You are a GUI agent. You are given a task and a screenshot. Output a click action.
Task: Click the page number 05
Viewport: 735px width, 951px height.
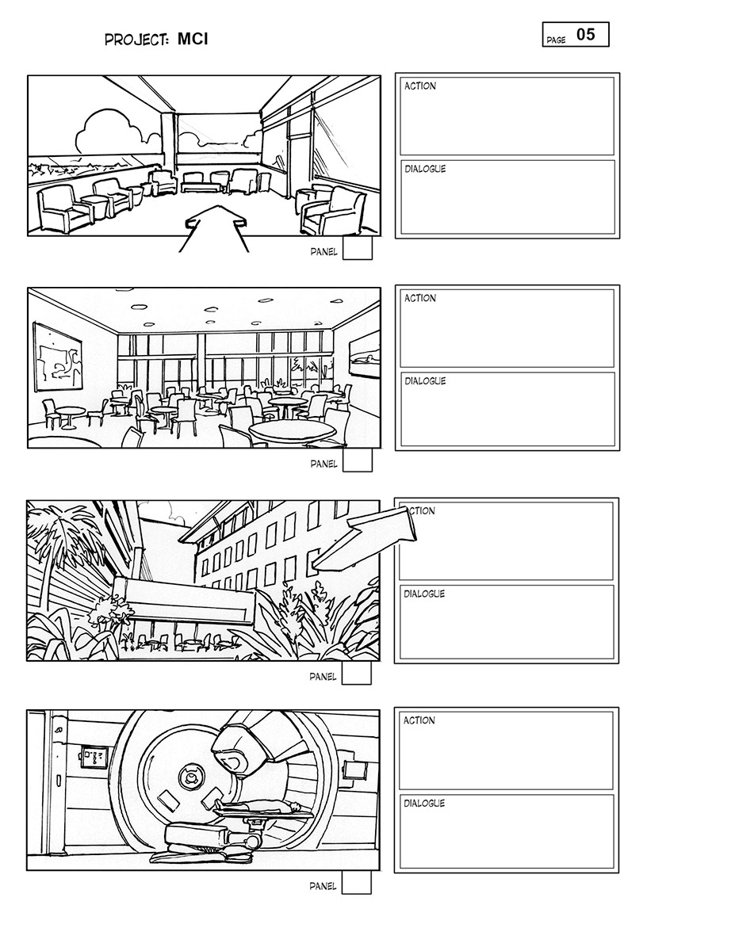coord(586,34)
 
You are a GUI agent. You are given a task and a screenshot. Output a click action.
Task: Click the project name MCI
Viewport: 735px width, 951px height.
coord(193,40)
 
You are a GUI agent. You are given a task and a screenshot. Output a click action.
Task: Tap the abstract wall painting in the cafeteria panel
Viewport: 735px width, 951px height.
coord(58,357)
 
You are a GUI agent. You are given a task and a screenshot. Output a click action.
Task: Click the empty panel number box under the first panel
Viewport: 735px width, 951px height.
coord(358,248)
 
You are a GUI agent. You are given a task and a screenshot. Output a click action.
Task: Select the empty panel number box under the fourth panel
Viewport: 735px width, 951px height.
coord(356,882)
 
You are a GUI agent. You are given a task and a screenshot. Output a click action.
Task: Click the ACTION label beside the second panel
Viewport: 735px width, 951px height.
coord(419,298)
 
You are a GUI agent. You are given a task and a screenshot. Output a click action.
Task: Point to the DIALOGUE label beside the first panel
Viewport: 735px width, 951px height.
coord(425,169)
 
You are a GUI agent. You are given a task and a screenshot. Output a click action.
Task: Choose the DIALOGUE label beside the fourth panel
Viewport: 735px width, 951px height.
coord(423,803)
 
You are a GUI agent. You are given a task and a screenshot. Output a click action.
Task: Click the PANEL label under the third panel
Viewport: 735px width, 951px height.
coord(323,677)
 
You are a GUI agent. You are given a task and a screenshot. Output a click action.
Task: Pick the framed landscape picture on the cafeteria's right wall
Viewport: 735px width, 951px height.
coord(364,354)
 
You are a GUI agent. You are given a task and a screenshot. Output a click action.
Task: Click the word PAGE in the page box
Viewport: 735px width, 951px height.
coord(556,40)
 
